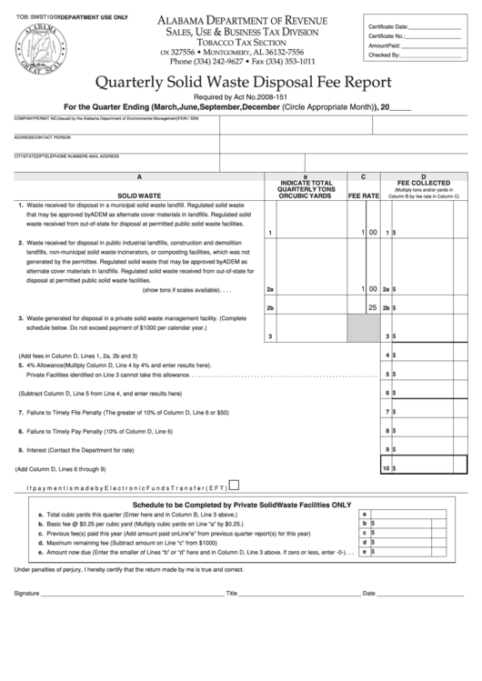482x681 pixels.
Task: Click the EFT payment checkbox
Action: tap(236, 486)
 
